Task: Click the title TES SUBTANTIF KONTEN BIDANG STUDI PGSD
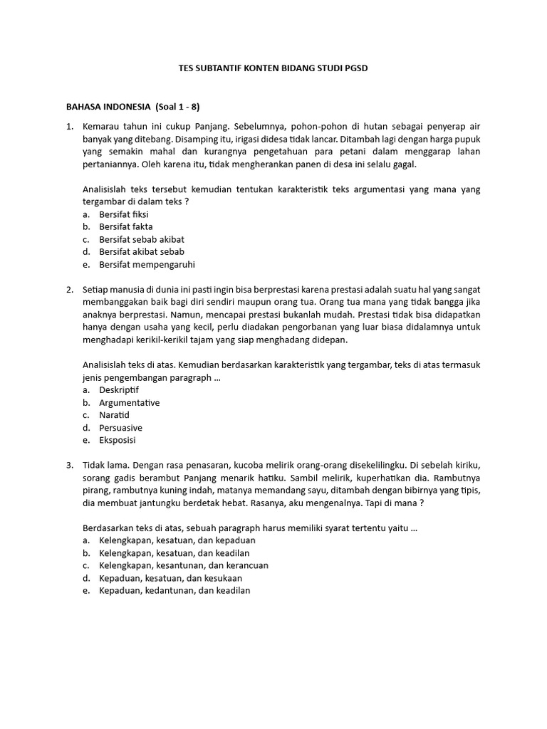[273, 68]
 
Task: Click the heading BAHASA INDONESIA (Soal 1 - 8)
[133, 107]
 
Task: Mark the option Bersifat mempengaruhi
[147, 265]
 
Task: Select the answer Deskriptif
[119, 390]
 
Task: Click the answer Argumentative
[130, 403]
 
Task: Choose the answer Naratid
[115, 415]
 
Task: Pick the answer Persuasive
[121, 428]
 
